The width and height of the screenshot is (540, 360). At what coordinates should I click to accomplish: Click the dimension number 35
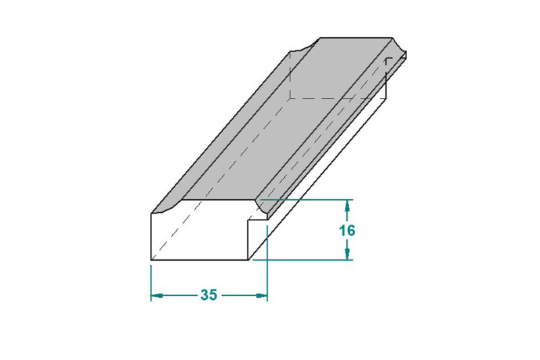point(209,295)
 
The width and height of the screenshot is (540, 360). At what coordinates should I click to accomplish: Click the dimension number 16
point(347,230)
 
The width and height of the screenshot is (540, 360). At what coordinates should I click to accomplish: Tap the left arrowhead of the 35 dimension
point(157,296)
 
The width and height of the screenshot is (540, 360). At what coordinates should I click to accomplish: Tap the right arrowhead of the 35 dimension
point(261,296)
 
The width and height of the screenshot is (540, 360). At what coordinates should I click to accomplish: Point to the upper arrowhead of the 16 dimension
point(347,205)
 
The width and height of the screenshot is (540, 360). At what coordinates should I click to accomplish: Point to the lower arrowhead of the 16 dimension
point(347,254)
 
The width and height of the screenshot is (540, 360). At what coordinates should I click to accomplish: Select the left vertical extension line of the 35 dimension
point(151,283)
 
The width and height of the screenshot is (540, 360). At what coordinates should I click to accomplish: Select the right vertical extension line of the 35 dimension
point(267,263)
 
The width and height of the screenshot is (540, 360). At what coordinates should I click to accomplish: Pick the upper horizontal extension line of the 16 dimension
point(306,199)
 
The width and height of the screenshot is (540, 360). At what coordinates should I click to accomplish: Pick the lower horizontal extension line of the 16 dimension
point(303,260)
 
